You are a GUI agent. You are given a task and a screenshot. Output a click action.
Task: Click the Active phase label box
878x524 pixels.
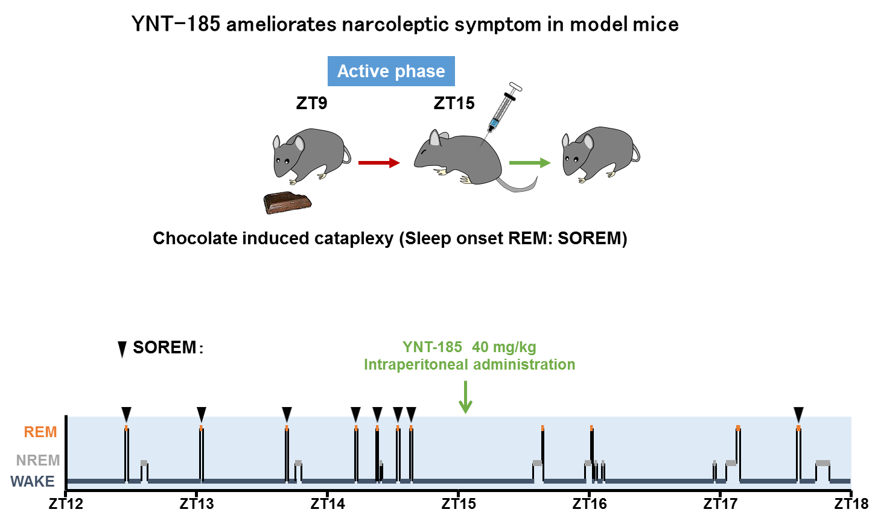pyautogui.click(x=391, y=71)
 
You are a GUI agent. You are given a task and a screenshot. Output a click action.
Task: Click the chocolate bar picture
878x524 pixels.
pyautogui.click(x=287, y=203)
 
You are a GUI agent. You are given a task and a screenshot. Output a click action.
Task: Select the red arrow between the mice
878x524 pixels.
pyautogui.click(x=379, y=163)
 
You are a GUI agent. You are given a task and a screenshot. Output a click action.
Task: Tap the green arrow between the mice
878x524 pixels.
pyautogui.click(x=530, y=163)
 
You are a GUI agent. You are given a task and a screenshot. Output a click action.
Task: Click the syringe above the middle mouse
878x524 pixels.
pyautogui.click(x=503, y=109)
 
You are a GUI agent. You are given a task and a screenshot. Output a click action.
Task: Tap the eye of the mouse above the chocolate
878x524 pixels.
pyautogui.click(x=286, y=160)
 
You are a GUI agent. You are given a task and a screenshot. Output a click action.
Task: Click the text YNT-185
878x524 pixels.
pyautogui.click(x=432, y=347)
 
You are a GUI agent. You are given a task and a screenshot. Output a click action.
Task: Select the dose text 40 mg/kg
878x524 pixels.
pyautogui.click(x=504, y=347)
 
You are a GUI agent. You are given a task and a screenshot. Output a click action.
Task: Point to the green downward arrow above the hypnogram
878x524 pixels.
pyautogui.click(x=465, y=398)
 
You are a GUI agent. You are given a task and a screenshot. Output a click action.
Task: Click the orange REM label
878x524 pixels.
pyautogui.click(x=40, y=432)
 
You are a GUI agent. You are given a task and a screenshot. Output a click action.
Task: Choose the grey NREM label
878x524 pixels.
pyautogui.click(x=38, y=461)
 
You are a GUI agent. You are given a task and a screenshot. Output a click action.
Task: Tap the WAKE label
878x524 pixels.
pyautogui.click(x=33, y=482)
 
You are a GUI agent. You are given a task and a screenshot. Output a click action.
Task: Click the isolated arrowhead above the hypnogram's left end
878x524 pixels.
pyautogui.click(x=122, y=351)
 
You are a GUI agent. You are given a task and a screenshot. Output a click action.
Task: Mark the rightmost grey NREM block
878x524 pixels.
pyautogui.click(x=822, y=463)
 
